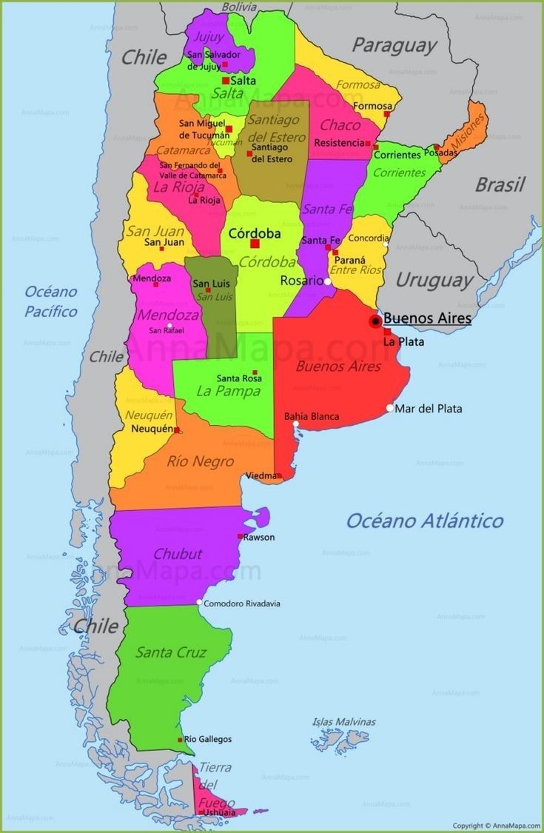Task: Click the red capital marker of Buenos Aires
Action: pos(375,321)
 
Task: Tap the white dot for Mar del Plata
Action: pos(390,408)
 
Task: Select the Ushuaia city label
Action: pos(220,812)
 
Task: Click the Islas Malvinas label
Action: pos(343,721)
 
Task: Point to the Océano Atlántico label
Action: pos(425,521)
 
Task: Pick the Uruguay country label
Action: pos(434,280)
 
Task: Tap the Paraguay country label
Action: pos(394,45)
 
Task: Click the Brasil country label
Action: pos(500,184)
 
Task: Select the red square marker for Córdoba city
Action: pos(255,244)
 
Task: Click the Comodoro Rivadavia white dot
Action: pos(199,603)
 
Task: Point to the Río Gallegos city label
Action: pos(208,739)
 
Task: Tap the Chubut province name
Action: pos(178,554)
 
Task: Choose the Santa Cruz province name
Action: pos(171,652)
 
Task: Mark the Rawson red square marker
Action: pos(240,536)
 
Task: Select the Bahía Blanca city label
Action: pos(312,416)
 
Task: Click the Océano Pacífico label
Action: pos(51,301)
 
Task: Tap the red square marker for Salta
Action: pos(225,81)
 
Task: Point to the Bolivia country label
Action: pos(239,7)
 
